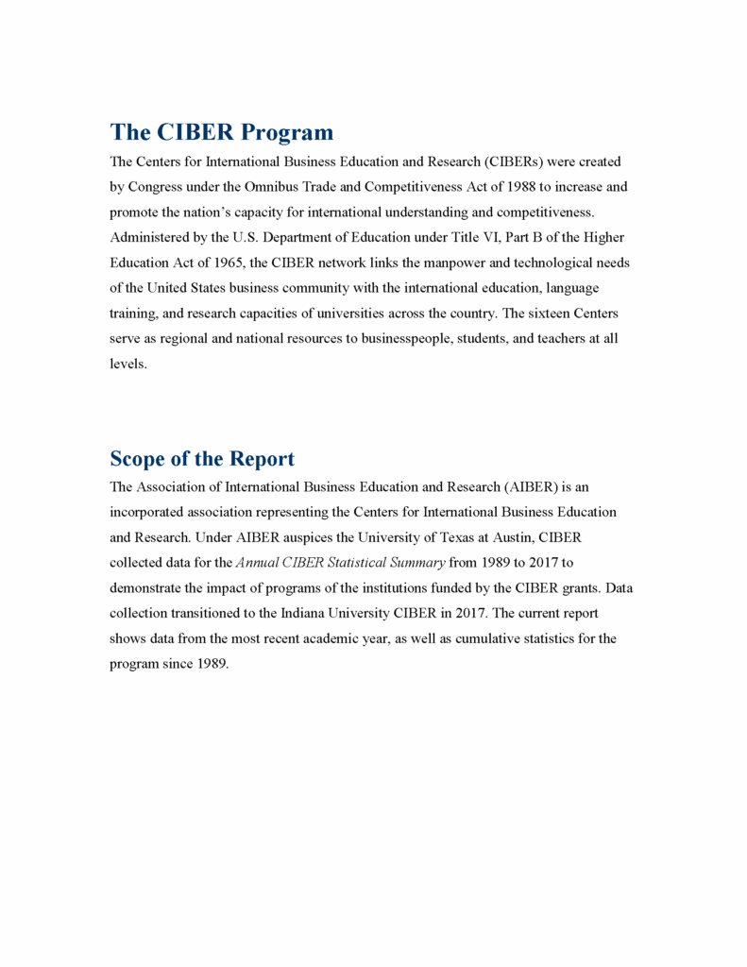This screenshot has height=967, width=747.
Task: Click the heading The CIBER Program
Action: (221, 131)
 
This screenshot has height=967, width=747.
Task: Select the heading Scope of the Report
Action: (202, 459)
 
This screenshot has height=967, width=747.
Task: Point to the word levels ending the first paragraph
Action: (128, 364)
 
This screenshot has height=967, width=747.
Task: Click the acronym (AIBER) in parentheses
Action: (535, 486)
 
